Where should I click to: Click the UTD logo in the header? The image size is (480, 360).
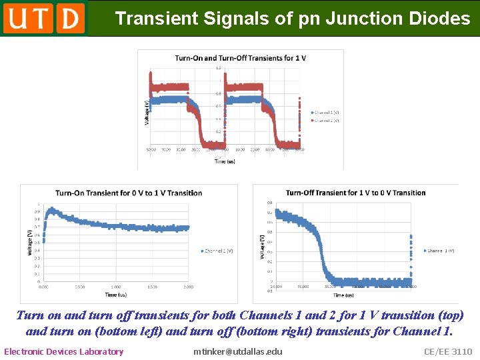point(44,18)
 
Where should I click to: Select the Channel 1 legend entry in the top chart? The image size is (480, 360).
point(327,112)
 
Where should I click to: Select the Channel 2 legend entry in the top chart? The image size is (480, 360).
point(327,121)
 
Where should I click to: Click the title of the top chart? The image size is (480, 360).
point(241,58)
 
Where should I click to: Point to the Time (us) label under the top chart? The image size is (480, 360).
point(225,161)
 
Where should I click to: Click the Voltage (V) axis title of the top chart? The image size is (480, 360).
point(147,111)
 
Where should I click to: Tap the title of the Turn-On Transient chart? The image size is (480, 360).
point(129,193)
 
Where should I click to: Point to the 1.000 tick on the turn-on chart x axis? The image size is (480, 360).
point(115,287)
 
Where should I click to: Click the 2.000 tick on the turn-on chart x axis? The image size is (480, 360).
point(188,287)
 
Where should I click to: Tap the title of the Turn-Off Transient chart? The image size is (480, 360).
point(355,193)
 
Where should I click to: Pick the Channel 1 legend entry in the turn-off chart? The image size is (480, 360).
point(440,251)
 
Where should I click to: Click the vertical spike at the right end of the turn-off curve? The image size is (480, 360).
point(411,253)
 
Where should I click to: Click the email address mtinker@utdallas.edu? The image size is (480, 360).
point(238,351)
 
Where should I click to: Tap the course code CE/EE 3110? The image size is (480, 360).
point(447,351)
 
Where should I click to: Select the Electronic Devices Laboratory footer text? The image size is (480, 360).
point(64,351)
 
